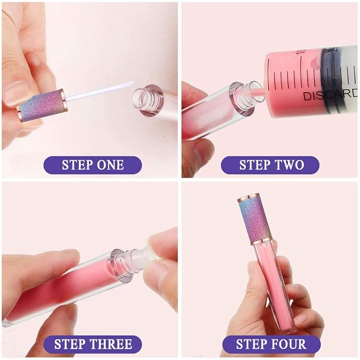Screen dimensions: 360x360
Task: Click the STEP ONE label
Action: tap(92, 164)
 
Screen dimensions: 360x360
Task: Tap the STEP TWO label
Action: tap(271, 164)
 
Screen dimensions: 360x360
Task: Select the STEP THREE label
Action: tap(92, 345)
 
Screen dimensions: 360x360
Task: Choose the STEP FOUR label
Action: tap(271, 345)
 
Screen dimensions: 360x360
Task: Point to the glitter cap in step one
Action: tap(42, 104)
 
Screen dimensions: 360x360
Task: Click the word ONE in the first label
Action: tap(111, 164)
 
